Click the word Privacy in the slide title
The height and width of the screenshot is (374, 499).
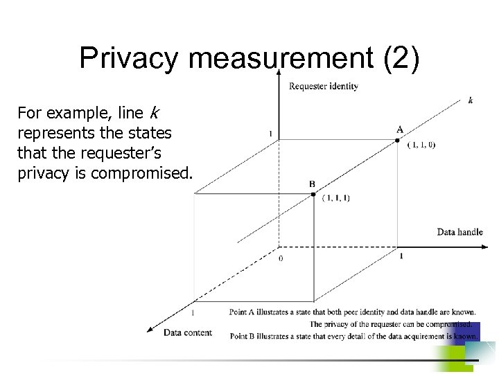130,58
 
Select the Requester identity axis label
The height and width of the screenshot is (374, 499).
323,86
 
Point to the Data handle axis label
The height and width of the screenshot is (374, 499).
459,232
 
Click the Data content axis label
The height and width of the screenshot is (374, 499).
188,332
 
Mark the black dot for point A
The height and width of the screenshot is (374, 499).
397,141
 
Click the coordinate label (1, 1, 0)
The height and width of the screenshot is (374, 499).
421,145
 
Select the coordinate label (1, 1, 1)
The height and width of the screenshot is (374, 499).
336,198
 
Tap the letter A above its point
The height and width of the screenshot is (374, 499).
400,130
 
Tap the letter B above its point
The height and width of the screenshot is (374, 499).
312,184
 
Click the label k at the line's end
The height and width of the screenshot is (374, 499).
471,100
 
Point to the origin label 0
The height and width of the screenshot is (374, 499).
280,258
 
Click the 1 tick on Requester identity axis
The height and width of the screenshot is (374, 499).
270,134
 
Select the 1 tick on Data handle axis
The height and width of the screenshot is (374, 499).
401,256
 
